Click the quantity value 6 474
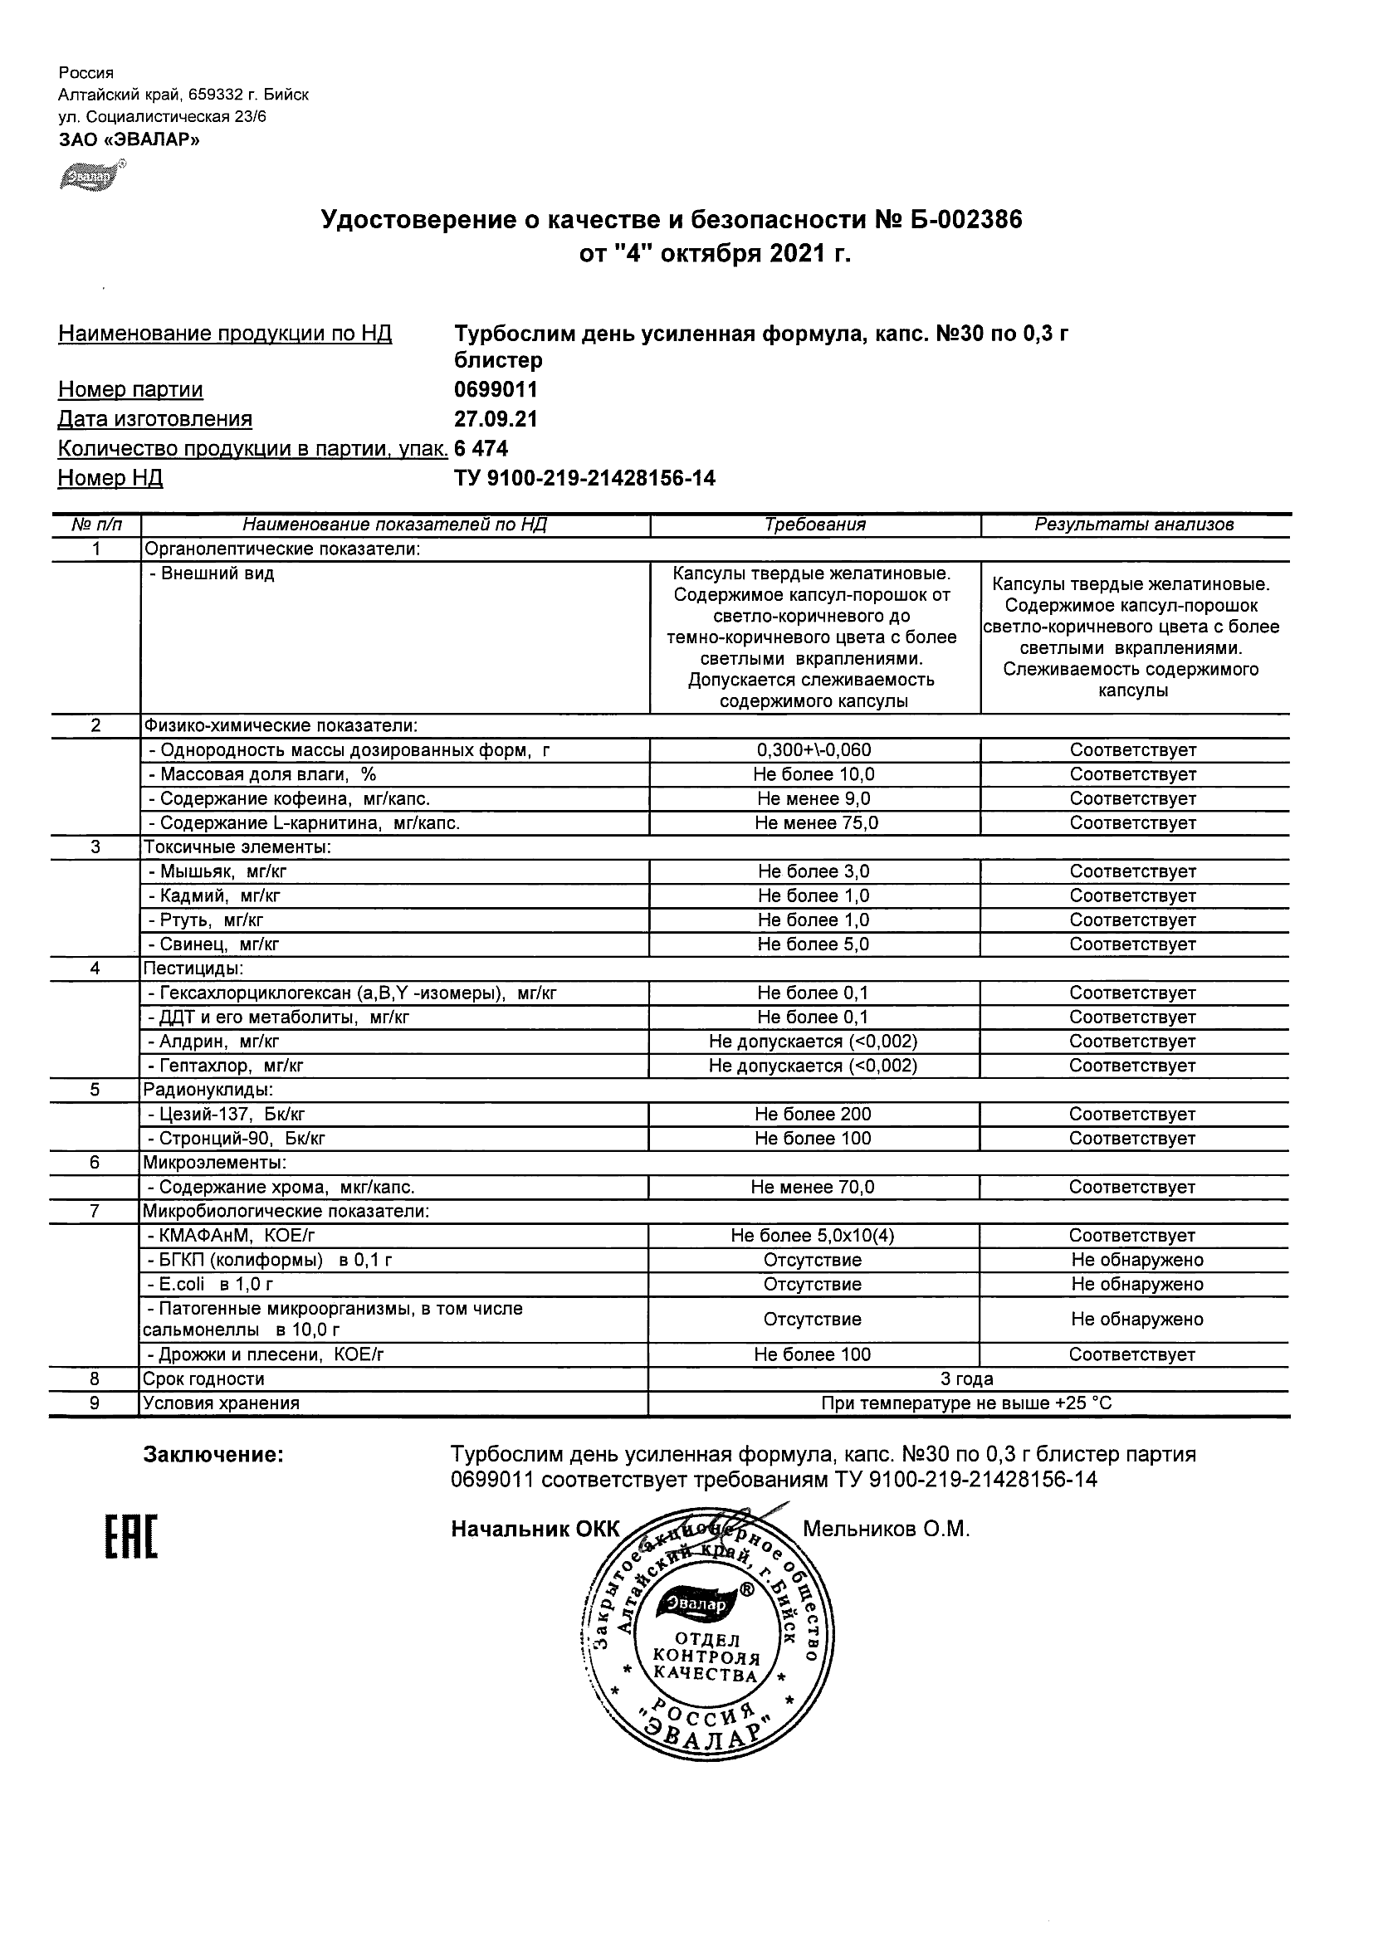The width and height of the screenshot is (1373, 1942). click(481, 448)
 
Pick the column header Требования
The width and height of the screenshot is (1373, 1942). click(814, 525)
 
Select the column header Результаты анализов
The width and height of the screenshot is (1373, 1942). click(1134, 525)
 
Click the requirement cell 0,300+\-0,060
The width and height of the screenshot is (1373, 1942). click(814, 750)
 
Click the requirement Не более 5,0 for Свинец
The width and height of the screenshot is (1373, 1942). click(813, 944)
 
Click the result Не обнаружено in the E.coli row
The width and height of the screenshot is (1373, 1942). click(1136, 1284)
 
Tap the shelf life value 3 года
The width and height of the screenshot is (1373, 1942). click(966, 1379)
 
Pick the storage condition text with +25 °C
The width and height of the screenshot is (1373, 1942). click(966, 1403)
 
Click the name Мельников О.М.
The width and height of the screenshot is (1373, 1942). click(885, 1530)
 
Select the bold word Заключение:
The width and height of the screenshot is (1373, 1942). click(213, 1455)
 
